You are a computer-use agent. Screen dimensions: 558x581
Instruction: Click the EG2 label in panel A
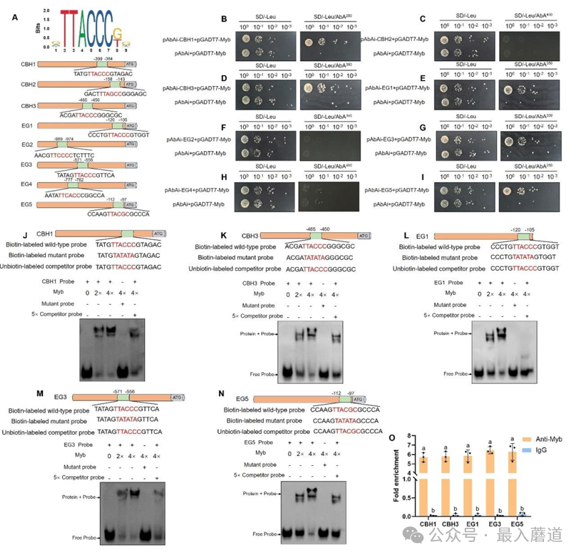coord(28,145)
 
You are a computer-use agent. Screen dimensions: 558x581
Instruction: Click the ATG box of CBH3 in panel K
coord(363,236)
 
